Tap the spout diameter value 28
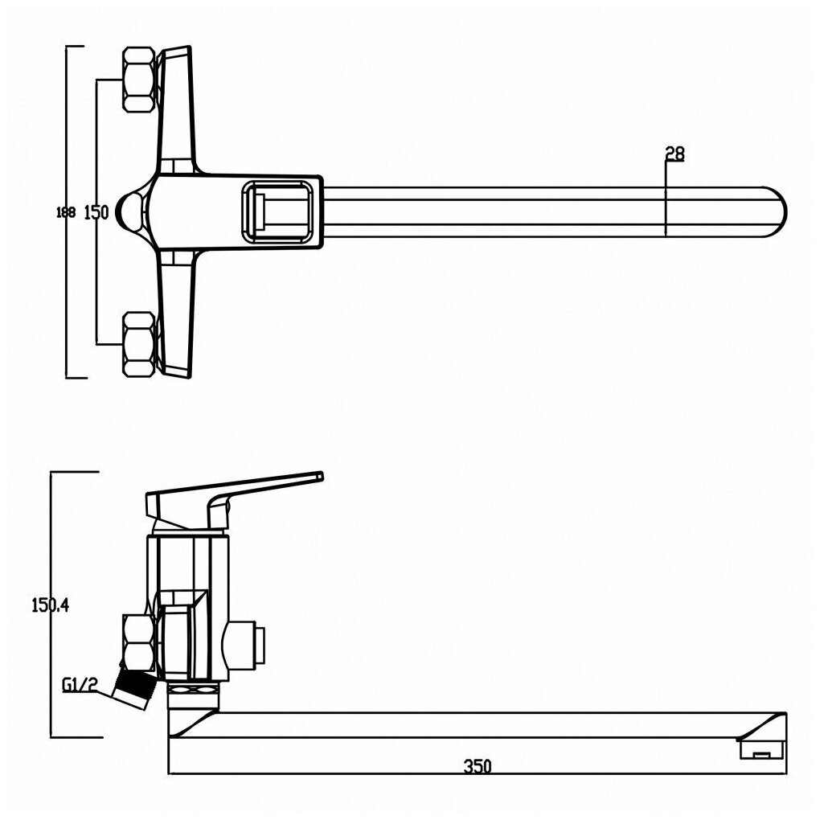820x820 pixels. click(675, 154)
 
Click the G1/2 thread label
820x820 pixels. click(80, 685)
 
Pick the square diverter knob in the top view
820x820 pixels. click(278, 211)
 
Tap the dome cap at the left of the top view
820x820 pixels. click(128, 211)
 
